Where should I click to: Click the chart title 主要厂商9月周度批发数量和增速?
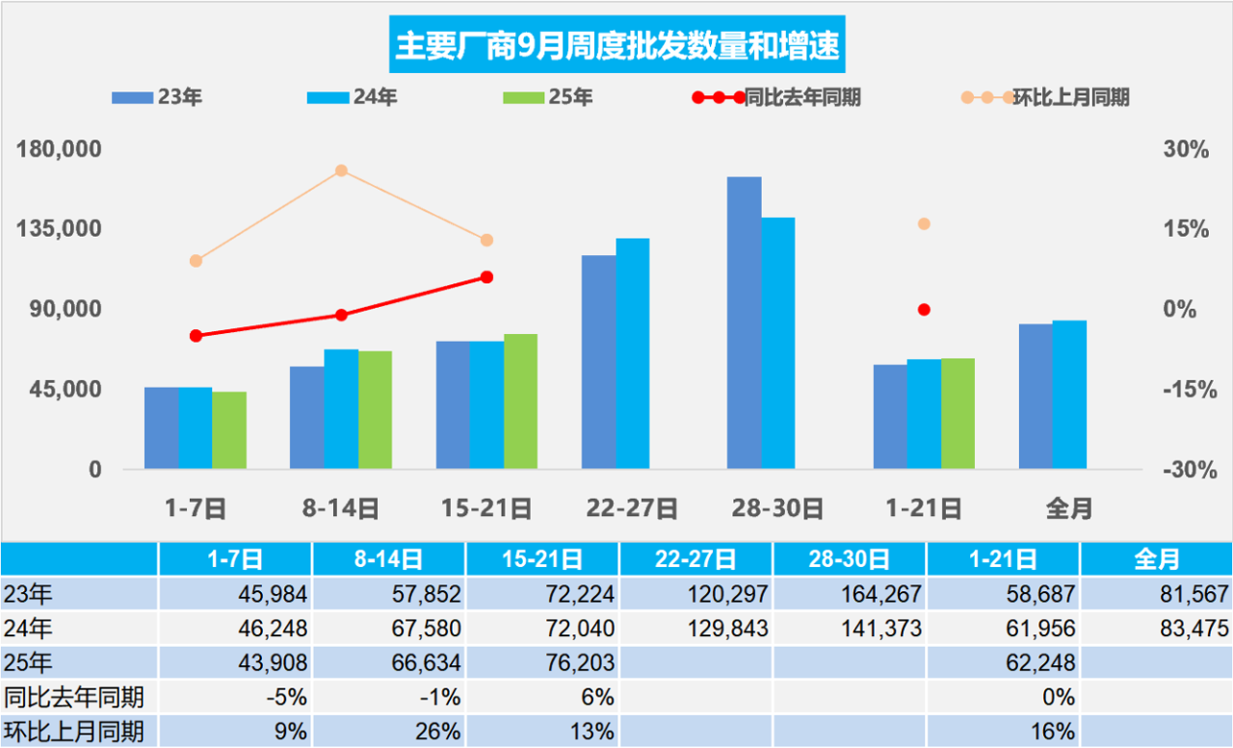(616, 45)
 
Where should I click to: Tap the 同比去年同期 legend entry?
(776, 97)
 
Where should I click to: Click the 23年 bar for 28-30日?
(744, 322)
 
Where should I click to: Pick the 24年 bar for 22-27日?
(633, 353)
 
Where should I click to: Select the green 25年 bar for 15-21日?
(520, 401)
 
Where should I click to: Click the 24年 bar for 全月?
(1069, 395)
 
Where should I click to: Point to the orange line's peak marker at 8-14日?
(341, 171)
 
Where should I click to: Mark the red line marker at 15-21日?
(486, 277)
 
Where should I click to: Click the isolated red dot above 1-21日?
(924, 309)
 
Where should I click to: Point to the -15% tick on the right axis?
(1184, 390)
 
